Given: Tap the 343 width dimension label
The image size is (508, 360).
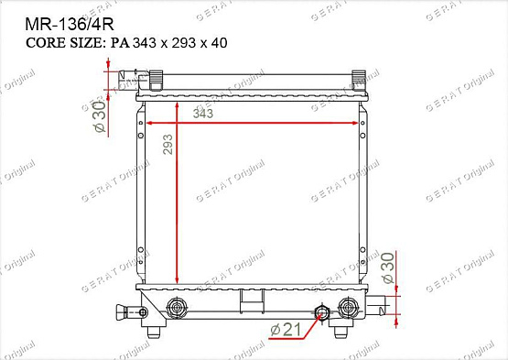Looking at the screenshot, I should [203, 114].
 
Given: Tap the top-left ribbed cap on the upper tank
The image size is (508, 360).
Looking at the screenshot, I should [154, 79].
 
